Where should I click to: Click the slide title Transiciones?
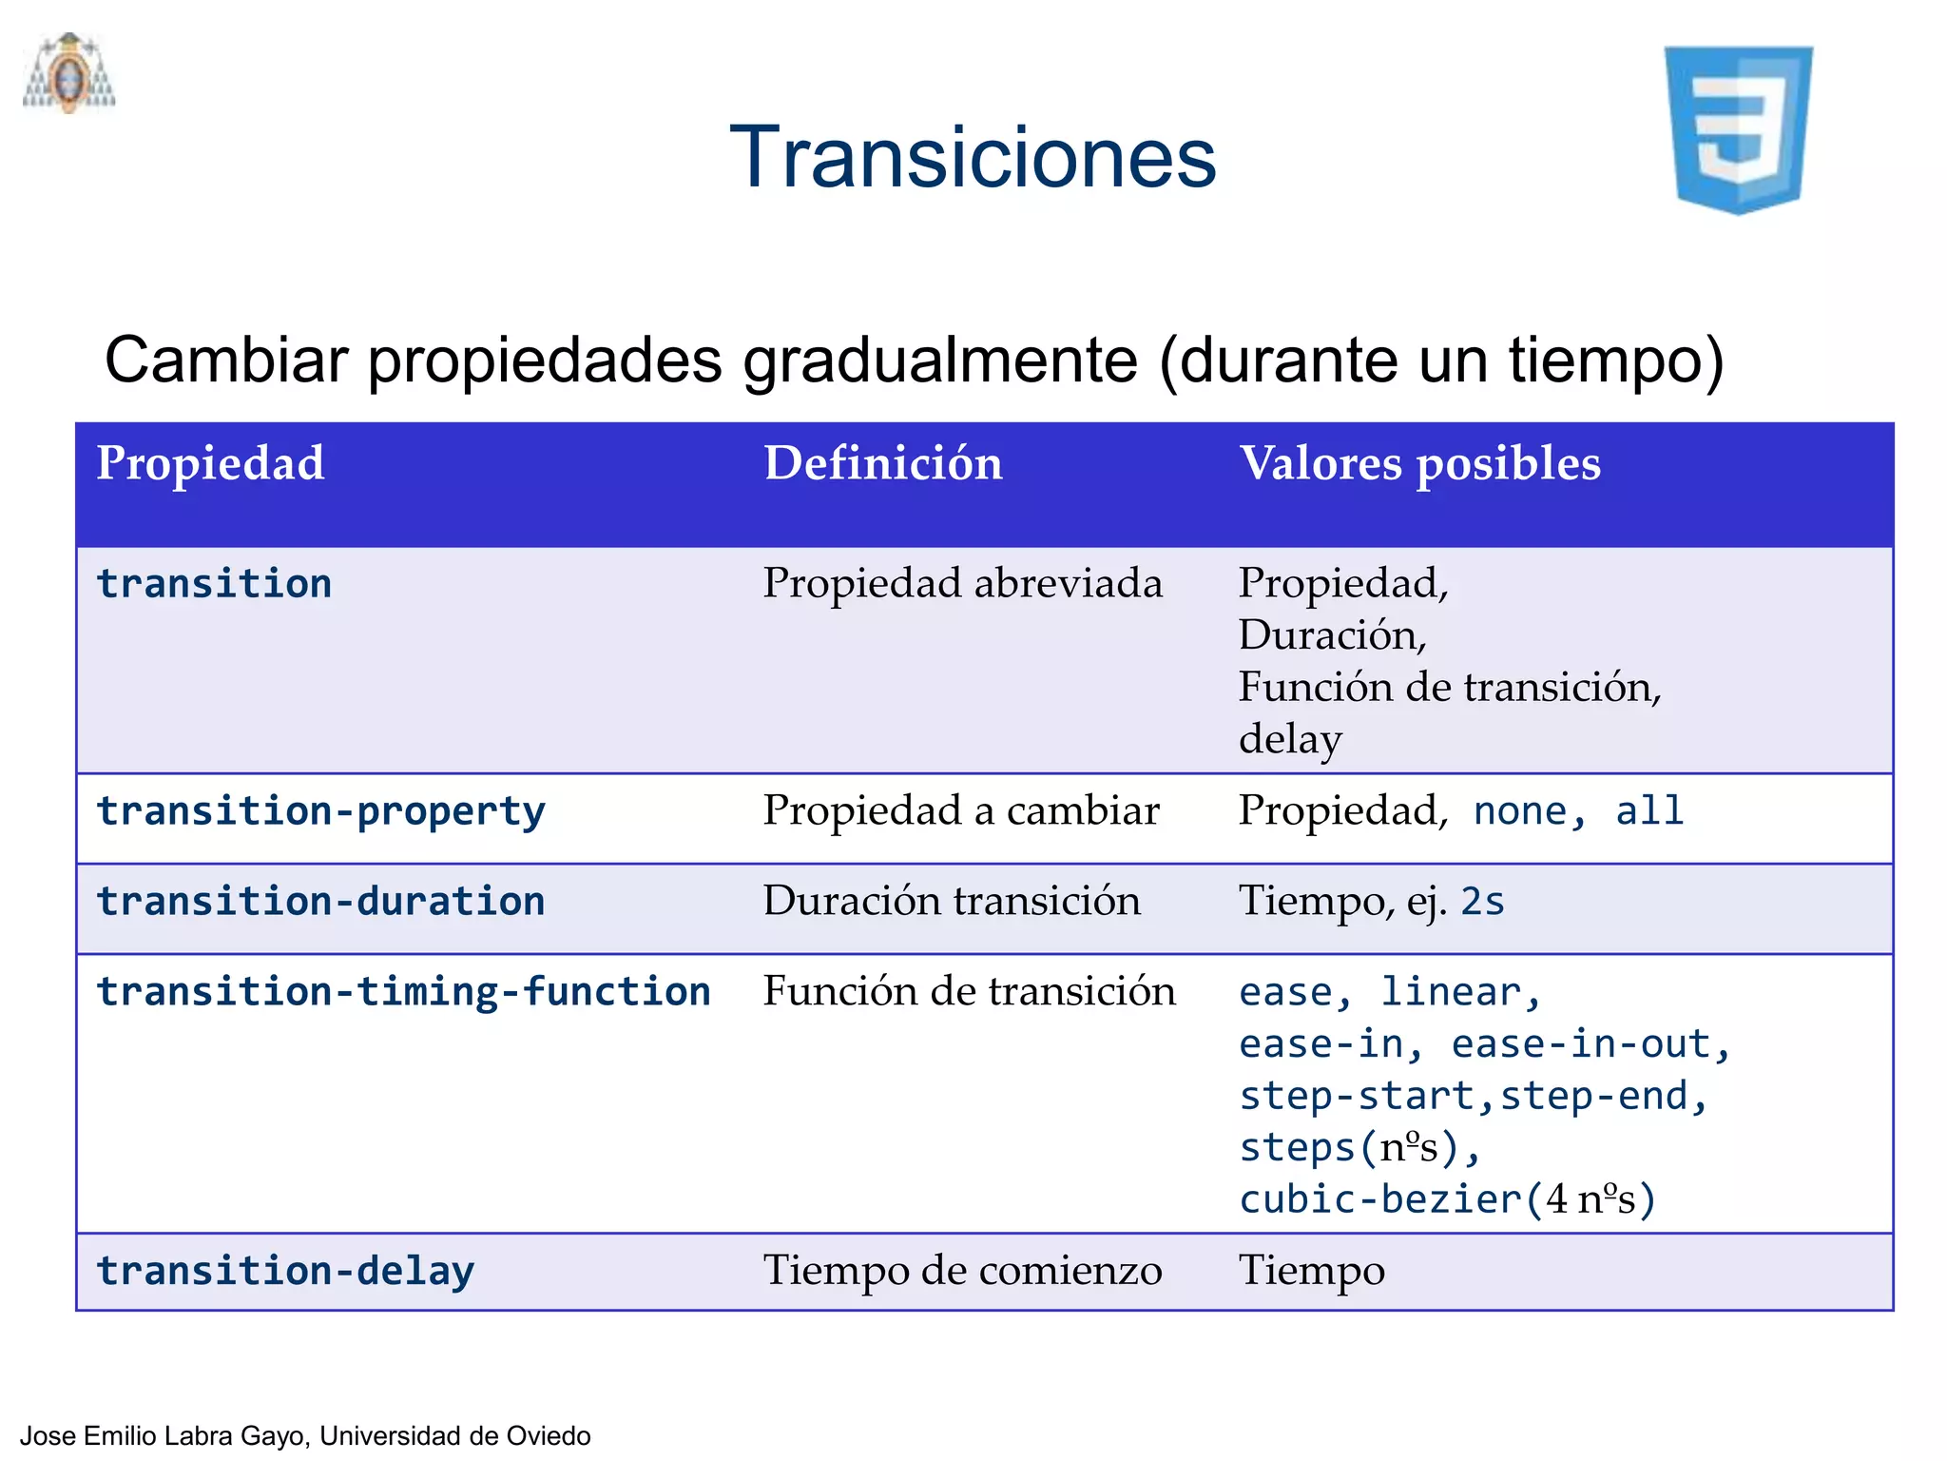click(x=973, y=157)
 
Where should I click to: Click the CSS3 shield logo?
click(x=1738, y=129)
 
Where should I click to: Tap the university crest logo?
click(x=69, y=74)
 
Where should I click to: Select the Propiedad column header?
click(x=210, y=464)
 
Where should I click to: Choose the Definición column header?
click(x=883, y=464)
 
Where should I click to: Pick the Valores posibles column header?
click(x=1419, y=464)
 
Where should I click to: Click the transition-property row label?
click(x=320, y=811)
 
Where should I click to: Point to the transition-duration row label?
click(x=320, y=902)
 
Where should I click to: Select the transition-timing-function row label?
click(x=403, y=992)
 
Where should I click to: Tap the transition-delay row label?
click(x=285, y=1272)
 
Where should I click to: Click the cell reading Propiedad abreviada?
click(x=962, y=583)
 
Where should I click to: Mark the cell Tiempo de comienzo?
click(x=962, y=1271)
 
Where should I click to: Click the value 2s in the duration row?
click(x=1482, y=902)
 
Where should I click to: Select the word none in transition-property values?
click(x=1519, y=811)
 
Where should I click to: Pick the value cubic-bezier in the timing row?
click(x=1380, y=1199)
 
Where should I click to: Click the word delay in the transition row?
click(x=1290, y=739)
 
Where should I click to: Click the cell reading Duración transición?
click(x=952, y=901)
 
